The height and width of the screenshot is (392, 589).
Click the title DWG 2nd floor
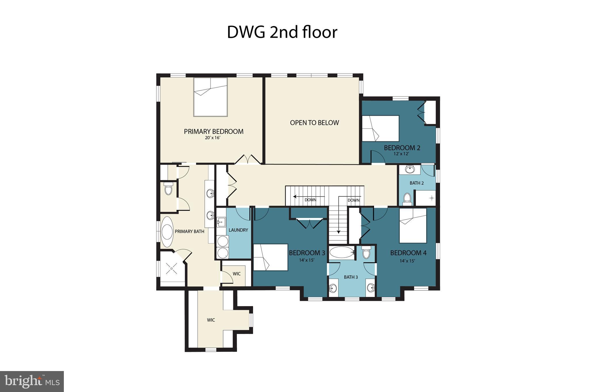pos(282,32)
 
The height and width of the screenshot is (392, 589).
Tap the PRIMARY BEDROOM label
pos(213,132)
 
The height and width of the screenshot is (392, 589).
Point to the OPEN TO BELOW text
pos(314,123)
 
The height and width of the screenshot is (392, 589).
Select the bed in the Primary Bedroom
pos(211,97)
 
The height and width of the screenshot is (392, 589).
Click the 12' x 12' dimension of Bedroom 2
pos(401,154)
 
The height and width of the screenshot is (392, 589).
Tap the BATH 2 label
pos(416,183)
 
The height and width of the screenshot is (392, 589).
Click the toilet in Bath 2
pos(407,198)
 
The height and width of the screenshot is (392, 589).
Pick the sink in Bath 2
pos(410,169)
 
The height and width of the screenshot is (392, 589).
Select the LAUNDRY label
pos(238,230)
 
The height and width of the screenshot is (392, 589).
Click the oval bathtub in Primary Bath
pos(167,232)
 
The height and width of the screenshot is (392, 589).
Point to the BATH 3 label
pos(351,277)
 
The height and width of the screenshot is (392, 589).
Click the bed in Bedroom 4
pos(413,225)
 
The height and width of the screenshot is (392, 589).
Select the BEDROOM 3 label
pos(307,253)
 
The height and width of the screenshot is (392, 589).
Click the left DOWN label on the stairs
pos(310,200)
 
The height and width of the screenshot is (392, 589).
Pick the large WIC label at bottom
pos(211,320)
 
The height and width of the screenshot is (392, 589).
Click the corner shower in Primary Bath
pos(172,268)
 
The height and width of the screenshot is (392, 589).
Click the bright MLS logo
pos(32,381)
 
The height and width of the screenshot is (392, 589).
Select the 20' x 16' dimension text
pos(213,138)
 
